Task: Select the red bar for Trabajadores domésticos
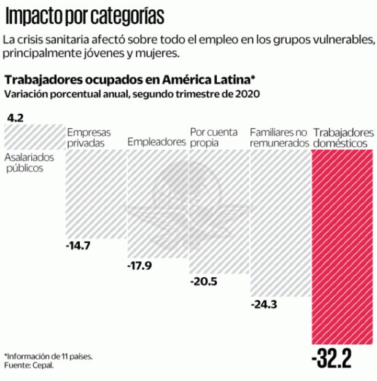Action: [x=342, y=246]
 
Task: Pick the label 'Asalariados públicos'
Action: [x=30, y=163]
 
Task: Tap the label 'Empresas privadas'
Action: [x=88, y=138]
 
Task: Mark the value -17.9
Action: [x=139, y=266]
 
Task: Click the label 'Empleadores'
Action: [x=157, y=142]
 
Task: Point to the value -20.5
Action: [x=203, y=282]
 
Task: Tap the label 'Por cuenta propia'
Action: [x=212, y=138]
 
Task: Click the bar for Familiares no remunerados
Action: [x=280, y=221]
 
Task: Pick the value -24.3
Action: [x=265, y=304]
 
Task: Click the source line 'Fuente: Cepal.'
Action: [x=29, y=365]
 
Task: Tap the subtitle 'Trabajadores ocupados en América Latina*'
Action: [x=130, y=81]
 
